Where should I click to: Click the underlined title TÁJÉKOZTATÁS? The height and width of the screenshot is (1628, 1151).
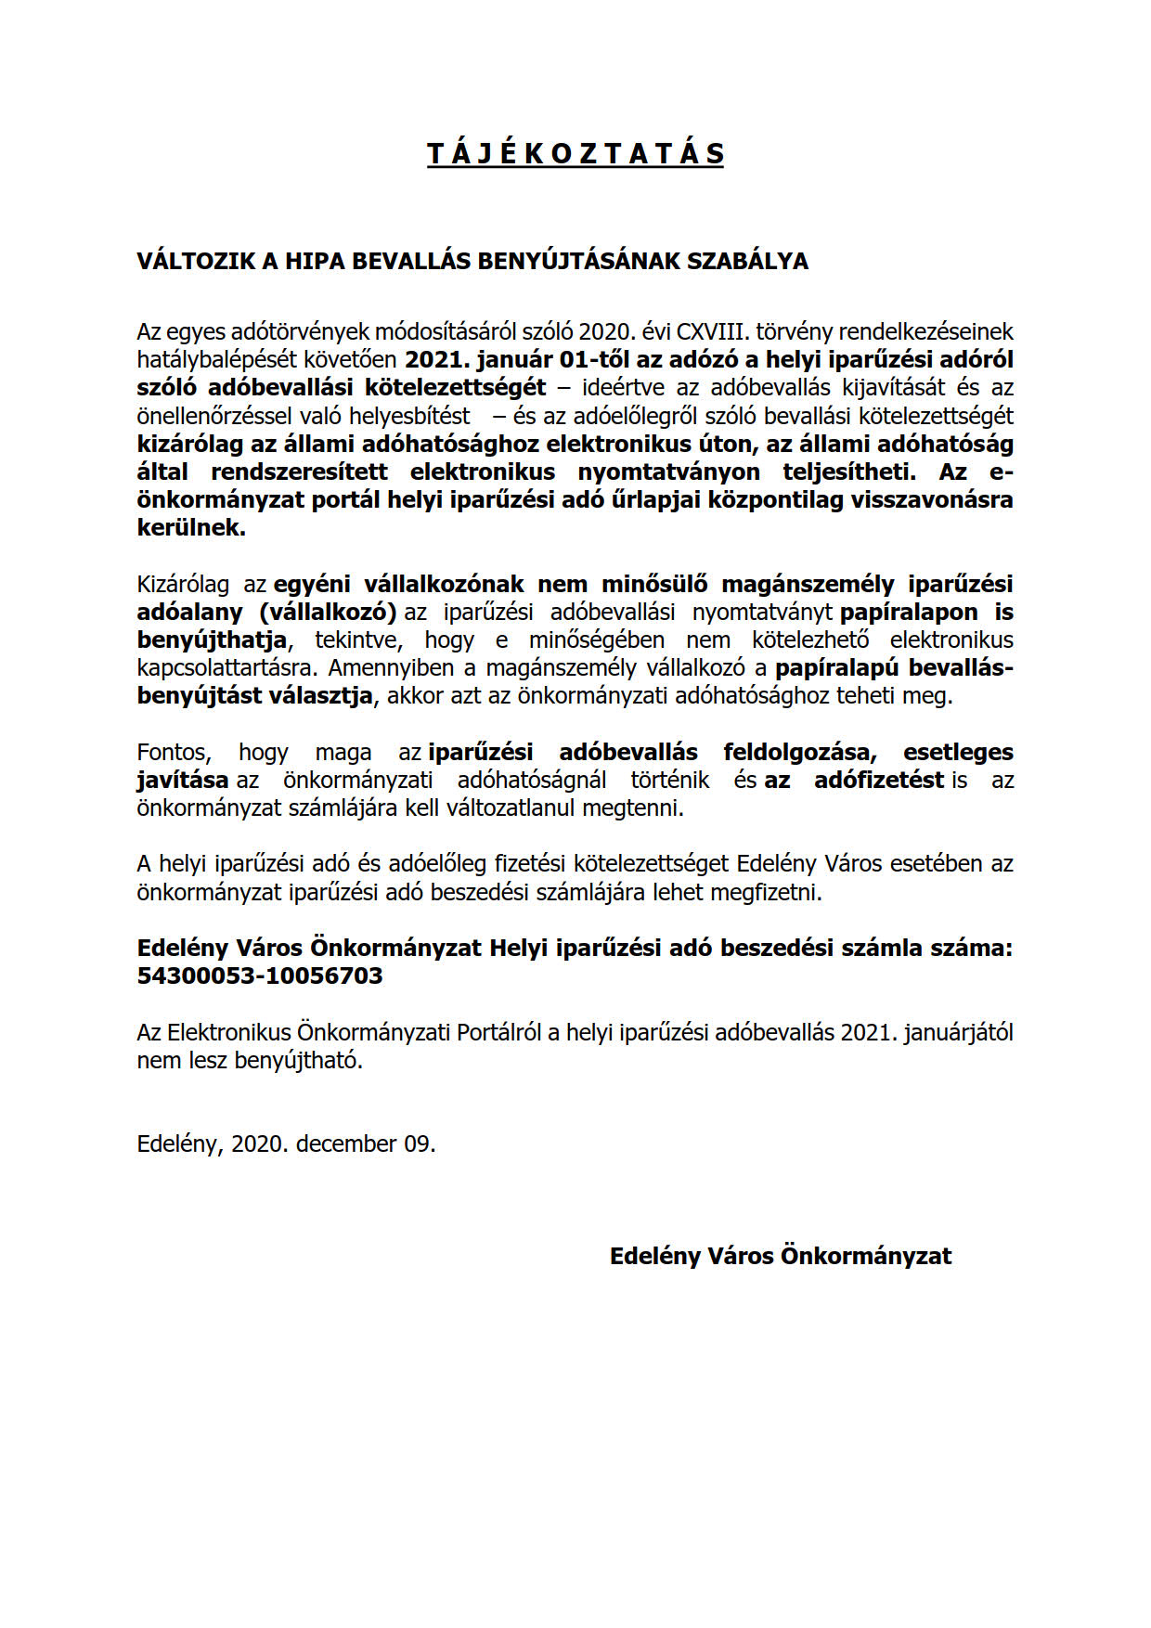click(575, 153)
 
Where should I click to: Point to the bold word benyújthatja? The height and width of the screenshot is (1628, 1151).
click(212, 640)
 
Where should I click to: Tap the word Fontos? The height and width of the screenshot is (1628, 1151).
click(174, 753)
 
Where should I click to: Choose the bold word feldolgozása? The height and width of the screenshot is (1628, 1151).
click(800, 753)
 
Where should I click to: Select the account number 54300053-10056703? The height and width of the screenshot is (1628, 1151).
click(260, 976)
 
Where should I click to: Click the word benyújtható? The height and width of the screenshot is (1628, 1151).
click(299, 1061)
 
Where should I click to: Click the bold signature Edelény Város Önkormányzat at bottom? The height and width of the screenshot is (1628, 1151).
click(781, 1257)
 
